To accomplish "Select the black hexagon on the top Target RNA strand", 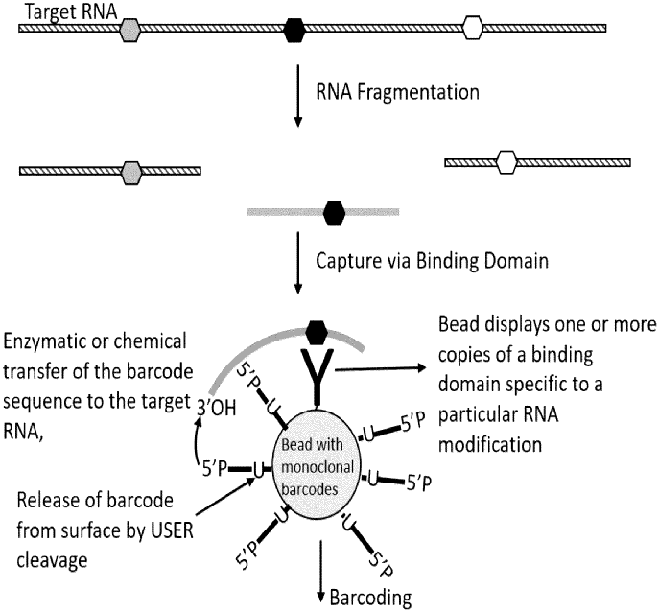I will (295, 30).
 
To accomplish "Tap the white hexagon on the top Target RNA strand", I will (473, 29).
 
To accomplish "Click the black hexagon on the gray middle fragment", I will (334, 211).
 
